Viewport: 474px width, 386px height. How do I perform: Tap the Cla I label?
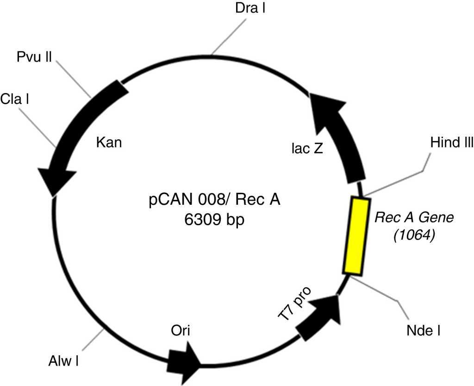(15, 99)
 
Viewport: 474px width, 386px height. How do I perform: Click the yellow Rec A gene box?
(357, 235)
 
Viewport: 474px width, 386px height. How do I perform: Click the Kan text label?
(109, 142)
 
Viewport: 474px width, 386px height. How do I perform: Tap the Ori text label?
(181, 330)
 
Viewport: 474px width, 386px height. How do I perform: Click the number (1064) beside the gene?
(413, 236)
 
